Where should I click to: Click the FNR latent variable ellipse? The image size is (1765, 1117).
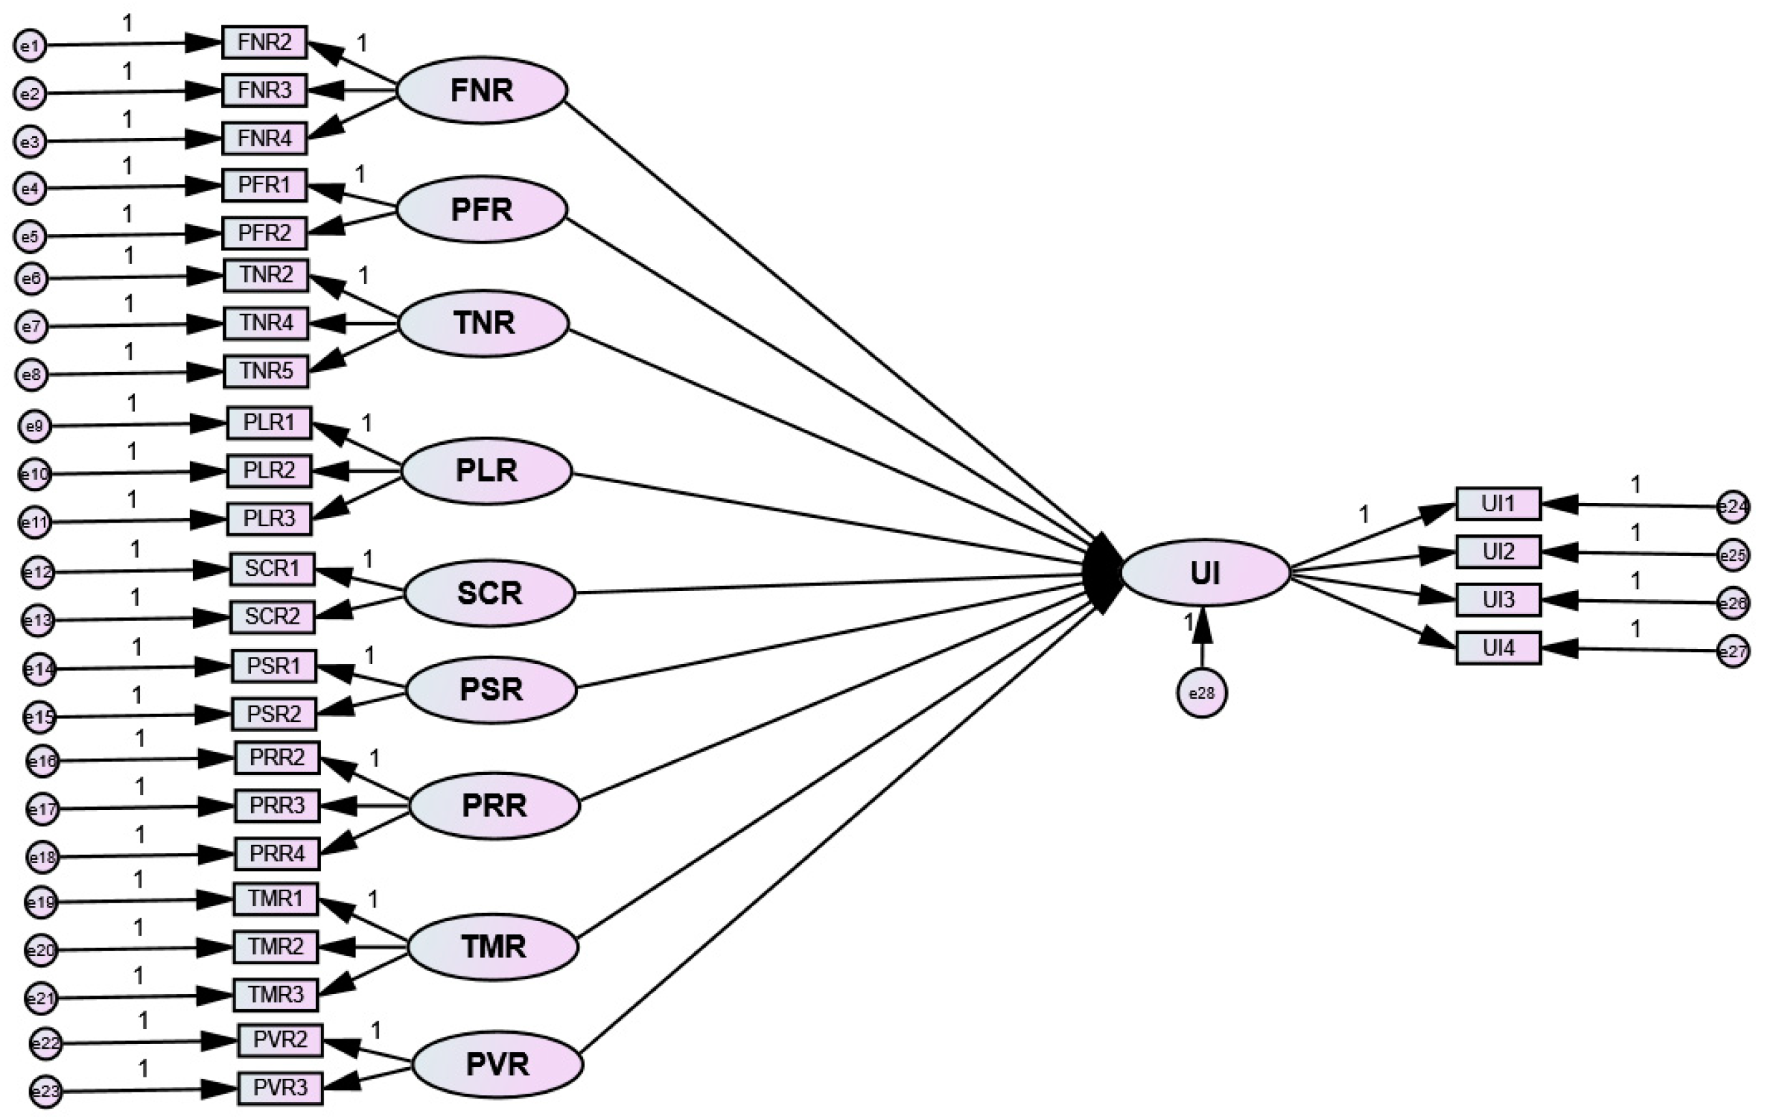pyautogui.click(x=482, y=90)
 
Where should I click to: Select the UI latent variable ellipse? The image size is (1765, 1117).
pyautogui.click(x=1205, y=572)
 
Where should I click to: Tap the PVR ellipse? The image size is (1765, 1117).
pyautogui.click(x=497, y=1065)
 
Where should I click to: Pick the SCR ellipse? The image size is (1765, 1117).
pyautogui.click(x=489, y=592)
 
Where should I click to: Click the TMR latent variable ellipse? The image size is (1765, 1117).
pyautogui.click(x=493, y=947)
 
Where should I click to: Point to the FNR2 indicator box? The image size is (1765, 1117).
pyautogui.click(x=265, y=42)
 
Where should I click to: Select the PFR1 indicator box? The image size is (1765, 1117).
pyautogui.click(x=265, y=186)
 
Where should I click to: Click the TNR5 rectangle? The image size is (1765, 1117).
pyautogui.click(x=266, y=371)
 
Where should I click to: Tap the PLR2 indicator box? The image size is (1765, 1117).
pyautogui.click(x=269, y=471)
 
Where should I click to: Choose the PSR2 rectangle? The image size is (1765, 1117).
pyautogui.click(x=274, y=714)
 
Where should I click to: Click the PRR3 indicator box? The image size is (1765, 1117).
pyautogui.click(x=277, y=805)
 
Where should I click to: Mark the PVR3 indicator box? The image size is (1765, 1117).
pyautogui.click(x=280, y=1088)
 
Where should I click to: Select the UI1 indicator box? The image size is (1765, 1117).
pyautogui.click(x=1497, y=504)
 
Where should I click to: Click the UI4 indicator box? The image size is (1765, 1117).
pyautogui.click(x=1497, y=648)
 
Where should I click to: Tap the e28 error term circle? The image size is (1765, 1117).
pyautogui.click(x=1201, y=693)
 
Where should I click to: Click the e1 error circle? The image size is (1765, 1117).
pyautogui.click(x=30, y=46)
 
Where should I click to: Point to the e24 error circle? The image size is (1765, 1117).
pyautogui.click(x=1733, y=506)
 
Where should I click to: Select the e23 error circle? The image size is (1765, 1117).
pyautogui.click(x=46, y=1092)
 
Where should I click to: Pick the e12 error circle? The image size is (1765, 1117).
pyautogui.click(x=38, y=572)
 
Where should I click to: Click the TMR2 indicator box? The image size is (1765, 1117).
pyautogui.click(x=276, y=947)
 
